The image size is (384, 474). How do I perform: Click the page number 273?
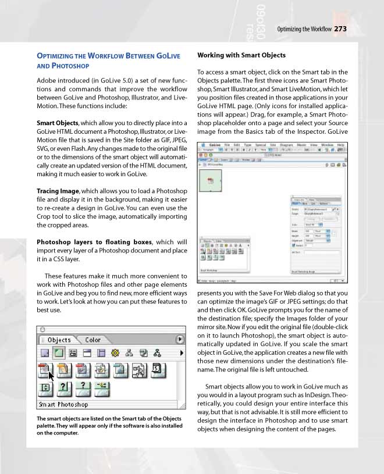(x=340, y=28)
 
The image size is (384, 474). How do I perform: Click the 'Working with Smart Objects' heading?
(x=241, y=55)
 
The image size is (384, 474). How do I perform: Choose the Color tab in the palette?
(x=93, y=340)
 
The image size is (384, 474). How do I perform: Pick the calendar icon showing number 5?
(x=157, y=369)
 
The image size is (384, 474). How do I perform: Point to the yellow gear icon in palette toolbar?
(x=115, y=353)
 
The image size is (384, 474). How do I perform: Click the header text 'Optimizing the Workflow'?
(x=304, y=29)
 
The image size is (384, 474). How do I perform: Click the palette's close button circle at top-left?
(x=44, y=329)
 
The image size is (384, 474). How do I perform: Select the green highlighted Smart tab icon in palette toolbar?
(x=59, y=353)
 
